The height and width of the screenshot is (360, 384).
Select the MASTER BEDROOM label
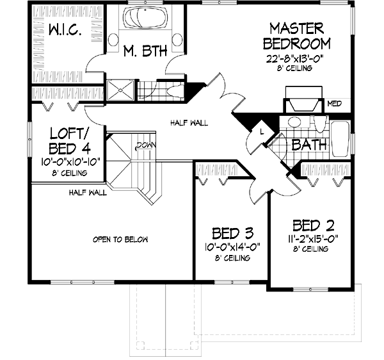[x=299, y=37]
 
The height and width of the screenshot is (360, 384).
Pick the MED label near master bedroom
[x=334, y=103]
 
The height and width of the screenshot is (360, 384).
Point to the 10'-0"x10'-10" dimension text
[x=68, y=161]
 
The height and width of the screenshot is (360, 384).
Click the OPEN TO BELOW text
[x=120, y=240]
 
